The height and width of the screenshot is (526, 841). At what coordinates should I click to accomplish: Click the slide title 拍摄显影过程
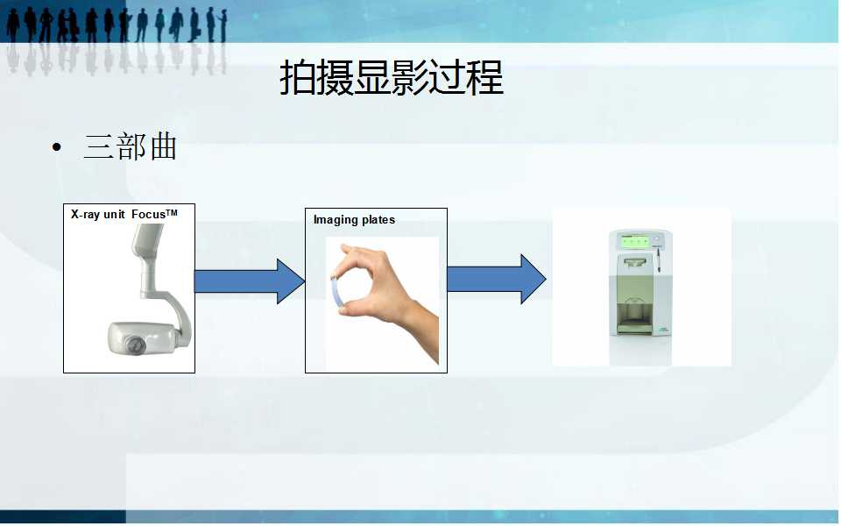point(391,79)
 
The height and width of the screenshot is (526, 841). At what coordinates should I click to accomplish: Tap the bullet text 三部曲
point(130,146)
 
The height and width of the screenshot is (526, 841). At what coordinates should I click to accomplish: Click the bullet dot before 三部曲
point(58,147)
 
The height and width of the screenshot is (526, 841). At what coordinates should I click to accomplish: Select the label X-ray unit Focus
point(124,213)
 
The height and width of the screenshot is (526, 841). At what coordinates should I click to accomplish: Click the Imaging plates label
point(354,219)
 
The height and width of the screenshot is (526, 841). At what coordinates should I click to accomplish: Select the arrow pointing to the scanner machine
point(496,279)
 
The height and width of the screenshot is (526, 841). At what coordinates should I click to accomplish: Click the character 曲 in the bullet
point(163,146)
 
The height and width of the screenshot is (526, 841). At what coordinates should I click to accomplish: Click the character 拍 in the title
point(298,79)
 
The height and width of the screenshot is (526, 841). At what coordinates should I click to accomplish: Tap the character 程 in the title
point(485,79)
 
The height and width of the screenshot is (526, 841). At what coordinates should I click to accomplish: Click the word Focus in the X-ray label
point(150,214)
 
